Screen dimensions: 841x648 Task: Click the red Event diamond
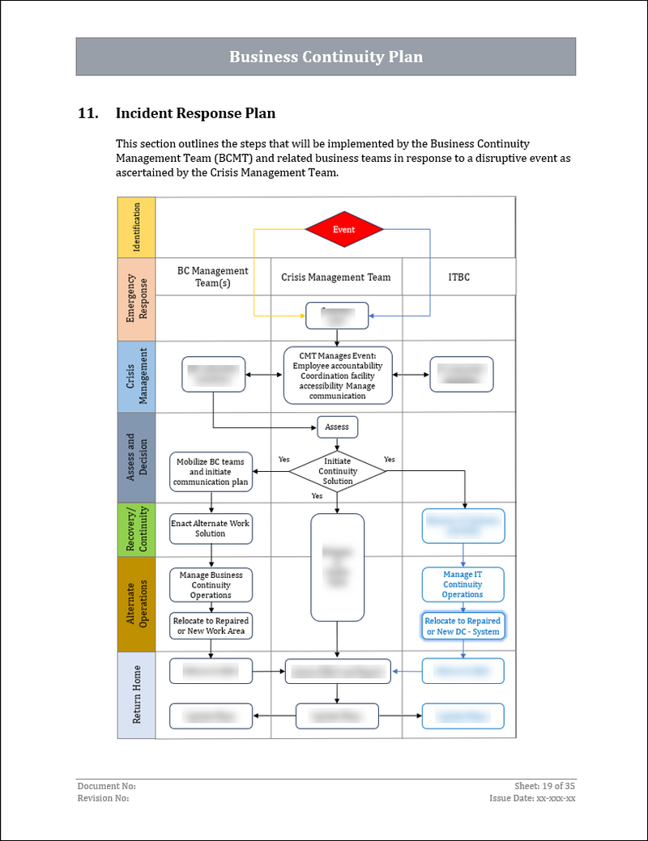pyautogui.click(x=343, y=229)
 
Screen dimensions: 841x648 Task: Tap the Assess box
pyautogui.click(x=337, y=427)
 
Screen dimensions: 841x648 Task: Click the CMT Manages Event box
pyautogui.click(x=338, y=375)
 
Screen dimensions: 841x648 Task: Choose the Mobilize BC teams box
pyautogui.click(x=211, y=472)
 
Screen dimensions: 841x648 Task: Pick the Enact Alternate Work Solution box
pyautogui.click(x=211, y=528)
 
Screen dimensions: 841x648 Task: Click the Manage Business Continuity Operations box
pyautogui.click(x=211, y=584)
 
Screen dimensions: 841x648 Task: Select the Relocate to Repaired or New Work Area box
pyautogui.click(x=211, y=626)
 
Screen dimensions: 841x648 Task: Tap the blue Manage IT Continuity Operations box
pyautogui.click(x=463, y=584)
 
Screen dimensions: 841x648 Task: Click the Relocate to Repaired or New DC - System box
pyautogui.click(x=463, y=626)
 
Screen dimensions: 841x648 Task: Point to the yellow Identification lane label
pyautogui.click(x=136, y=227)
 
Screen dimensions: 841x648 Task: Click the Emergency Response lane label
pyautogui.click(x=136, y=299)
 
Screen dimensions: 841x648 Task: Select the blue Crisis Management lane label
pyautogui.click(x=136, y=376)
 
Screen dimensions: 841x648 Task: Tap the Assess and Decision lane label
pyautogui.click(x=136, y=457)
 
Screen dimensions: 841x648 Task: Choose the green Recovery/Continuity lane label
pyautogui.click(x=136, y=529)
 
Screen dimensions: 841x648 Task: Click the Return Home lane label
pyautogui.click(x=136, y=695)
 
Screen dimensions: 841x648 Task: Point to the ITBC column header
pyautogui.click(x=458, y=277)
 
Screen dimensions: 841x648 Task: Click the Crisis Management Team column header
pyautogui.click(x=336, y=277)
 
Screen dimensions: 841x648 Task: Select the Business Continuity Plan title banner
pyautogui.click(x=326, y=57)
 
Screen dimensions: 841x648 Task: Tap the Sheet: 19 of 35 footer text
pyautogui.click(x=544, y=786)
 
